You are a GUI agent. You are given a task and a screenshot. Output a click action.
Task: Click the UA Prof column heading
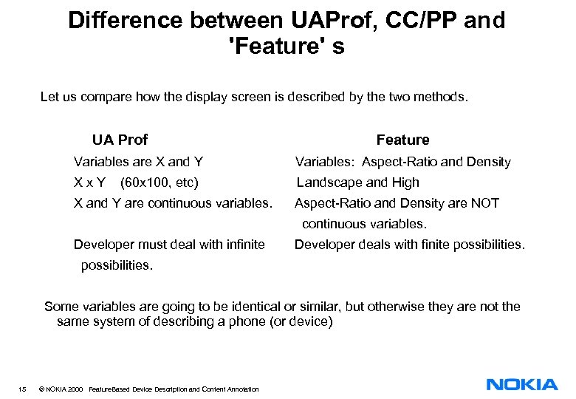(120, 140)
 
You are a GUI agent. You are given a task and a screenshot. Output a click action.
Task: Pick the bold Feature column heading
(402, 140)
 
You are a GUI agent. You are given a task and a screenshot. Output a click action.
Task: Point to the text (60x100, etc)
(160, 183)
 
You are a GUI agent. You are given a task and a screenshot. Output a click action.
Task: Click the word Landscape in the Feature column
(329, 183)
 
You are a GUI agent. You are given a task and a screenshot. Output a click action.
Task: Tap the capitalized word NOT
(484, 203)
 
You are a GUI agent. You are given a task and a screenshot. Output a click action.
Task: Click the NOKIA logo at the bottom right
(522, 384)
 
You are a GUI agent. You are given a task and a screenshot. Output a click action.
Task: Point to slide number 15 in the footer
(24, 389)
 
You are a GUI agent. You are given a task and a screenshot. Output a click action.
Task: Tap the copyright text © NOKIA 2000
(61, 389)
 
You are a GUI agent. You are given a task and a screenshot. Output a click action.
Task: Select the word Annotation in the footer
(241, 389)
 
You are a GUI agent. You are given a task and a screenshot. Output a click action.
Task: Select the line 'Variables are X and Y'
(138, 162)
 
